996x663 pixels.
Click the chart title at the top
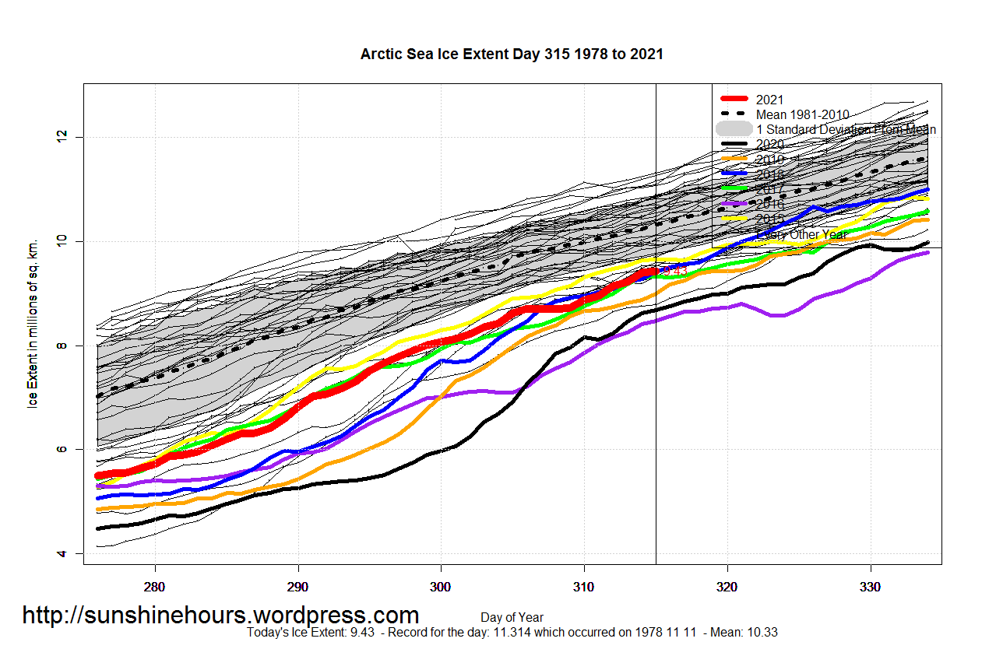click(x=512, y=54)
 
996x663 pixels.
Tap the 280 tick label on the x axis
click(x=155, y=586)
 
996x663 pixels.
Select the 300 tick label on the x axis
click(x=441, y=586)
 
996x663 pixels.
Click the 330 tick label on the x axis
click(x=870, y=586)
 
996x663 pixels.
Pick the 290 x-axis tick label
click(x=298, y=586)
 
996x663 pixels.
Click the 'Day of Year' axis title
click(x=512, y=618)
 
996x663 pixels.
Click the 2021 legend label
click(x=769, y=100)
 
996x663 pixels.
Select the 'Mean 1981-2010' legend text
click(x=802, y=114)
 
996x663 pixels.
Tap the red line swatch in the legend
click(x=734, y=100)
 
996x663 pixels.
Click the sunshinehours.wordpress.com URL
click(x=220, y=616)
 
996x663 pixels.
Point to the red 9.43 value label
click(x=674, y=270)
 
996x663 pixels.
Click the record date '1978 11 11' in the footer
click(x=666, y=633)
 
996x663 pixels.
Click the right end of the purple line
click(x=927, y=252)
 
